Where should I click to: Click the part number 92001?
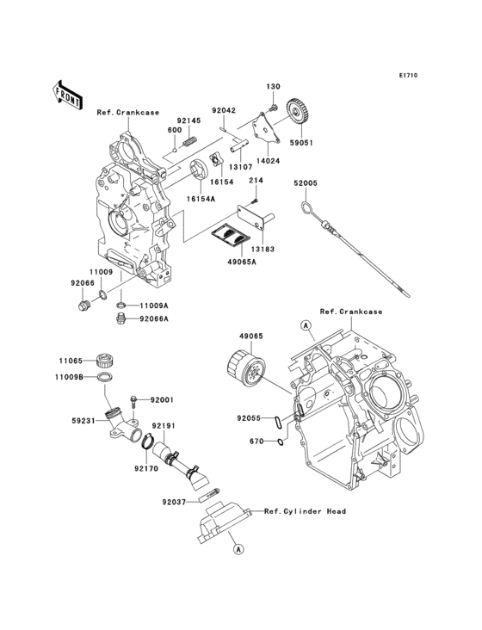click(x=162, y=400)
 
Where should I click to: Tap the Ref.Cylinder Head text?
click(x=305, y=511)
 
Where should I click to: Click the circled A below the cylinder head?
click(x=238, y=547)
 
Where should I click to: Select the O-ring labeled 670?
click(x=281, y=442)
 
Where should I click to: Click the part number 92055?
click(x=250, y=418)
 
